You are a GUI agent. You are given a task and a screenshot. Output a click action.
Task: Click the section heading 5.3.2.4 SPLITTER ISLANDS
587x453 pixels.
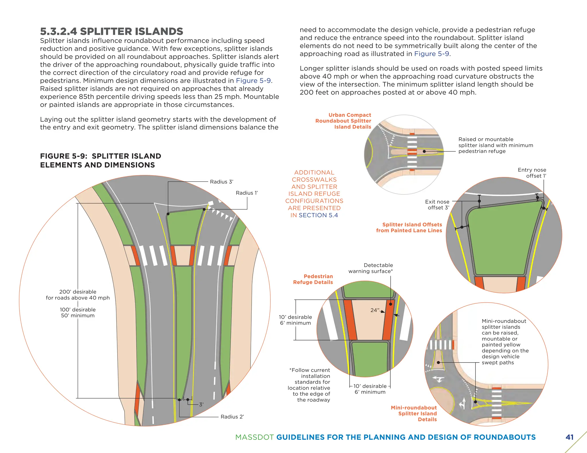click(111, 31)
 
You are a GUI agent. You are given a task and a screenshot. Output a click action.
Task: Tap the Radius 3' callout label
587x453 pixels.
click(222, 182)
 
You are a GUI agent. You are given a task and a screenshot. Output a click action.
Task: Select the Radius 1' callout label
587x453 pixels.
click(247, 193)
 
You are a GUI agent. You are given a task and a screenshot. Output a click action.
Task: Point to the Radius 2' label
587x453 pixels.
click(232, 417)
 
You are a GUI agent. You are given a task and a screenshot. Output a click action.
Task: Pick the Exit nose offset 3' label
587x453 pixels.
click(437, 205)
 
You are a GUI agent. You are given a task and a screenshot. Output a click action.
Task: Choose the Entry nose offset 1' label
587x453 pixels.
click(532, 173)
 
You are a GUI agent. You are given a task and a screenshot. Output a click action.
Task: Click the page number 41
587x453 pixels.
click(570, 437)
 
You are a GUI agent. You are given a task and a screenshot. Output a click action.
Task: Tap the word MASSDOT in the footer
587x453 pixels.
click(255, 437)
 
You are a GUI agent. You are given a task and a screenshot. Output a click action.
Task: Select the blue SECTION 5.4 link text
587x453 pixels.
click(318, 215)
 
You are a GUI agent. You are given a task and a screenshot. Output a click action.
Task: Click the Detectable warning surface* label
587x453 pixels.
click(371, 268)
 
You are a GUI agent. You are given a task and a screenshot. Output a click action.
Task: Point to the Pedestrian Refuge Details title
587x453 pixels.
click(313, 279)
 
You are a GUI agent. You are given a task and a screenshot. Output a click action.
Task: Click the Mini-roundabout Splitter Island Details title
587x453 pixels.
click(414, 413)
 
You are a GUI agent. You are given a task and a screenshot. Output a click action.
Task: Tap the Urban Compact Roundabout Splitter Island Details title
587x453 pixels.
click(343, 121)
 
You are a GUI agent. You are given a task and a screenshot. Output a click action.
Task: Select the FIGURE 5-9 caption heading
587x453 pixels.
click(101, 160)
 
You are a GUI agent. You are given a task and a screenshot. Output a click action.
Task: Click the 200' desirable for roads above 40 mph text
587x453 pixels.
click(78, 295)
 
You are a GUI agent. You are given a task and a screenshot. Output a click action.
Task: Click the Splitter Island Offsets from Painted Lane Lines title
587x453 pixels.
click(409, 228)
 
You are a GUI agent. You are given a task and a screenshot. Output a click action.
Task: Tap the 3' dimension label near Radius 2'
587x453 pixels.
click(201, 405)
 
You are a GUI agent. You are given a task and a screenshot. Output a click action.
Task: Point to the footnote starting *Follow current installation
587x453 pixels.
click(310, 385)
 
